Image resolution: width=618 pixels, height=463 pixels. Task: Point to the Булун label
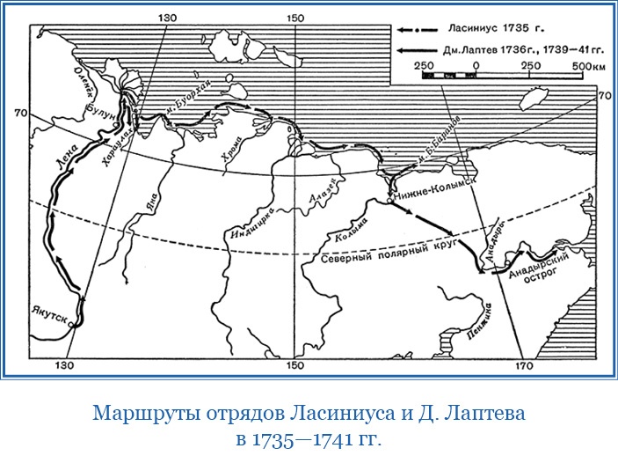(x=100, y=110)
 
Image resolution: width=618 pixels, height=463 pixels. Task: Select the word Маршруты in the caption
(x=143, y=412)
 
